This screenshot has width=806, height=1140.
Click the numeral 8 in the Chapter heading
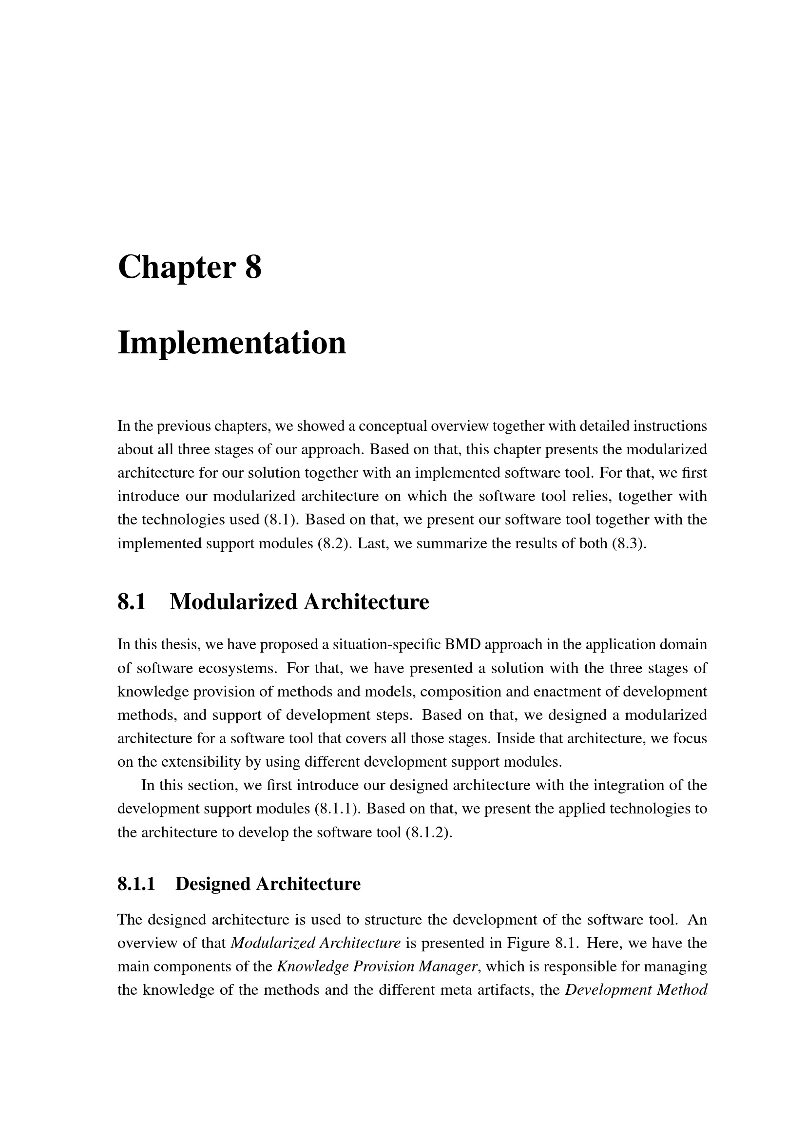tap(252, 268)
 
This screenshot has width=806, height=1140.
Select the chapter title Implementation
tap(232, 343)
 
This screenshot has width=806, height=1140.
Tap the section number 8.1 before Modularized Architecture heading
tap(132, 602)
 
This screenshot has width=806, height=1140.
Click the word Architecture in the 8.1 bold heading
tap(366, 602)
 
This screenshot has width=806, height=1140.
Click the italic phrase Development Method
tap(636, 989)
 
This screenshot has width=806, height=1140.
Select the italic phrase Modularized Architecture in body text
tap(316, 943)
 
